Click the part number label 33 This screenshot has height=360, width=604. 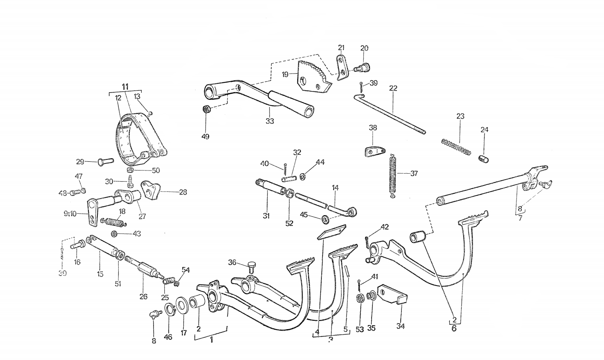coord(270,121)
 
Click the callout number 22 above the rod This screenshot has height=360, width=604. coord(393,88)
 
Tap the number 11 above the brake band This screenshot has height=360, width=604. coord(125,86)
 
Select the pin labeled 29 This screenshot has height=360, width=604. coord(105,161)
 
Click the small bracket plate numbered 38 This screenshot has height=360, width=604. coord(374,152)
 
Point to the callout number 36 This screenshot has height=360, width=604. coord(232,262)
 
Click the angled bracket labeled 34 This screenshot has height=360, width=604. coord(392,294)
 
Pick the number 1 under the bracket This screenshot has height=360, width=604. coord(211,339)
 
